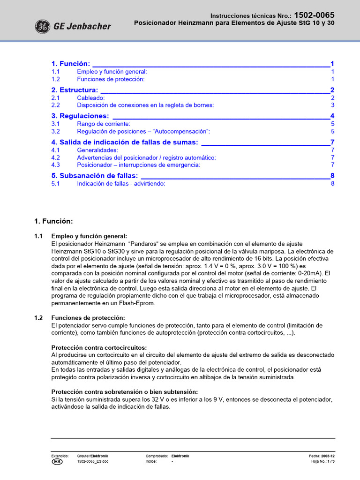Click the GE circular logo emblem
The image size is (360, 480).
click(x=42, y=26)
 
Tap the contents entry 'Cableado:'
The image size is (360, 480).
click(x=91, y=98)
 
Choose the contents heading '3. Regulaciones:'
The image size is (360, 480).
click(x=80, y=116)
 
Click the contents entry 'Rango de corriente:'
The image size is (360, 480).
click(x=104, y=124)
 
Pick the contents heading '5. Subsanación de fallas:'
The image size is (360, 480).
click(x=94, y=176)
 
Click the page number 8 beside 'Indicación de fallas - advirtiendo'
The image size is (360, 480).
click(x=332, y=184)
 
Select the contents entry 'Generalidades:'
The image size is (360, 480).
click(x=97, y=150)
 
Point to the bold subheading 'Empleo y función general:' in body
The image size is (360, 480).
click(x=89, y=236)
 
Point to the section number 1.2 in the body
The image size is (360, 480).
click(x=39, y=318)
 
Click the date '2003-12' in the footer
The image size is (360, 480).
click(x=328, y=456)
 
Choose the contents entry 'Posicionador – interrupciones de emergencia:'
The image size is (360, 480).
click(x=138, y=165)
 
